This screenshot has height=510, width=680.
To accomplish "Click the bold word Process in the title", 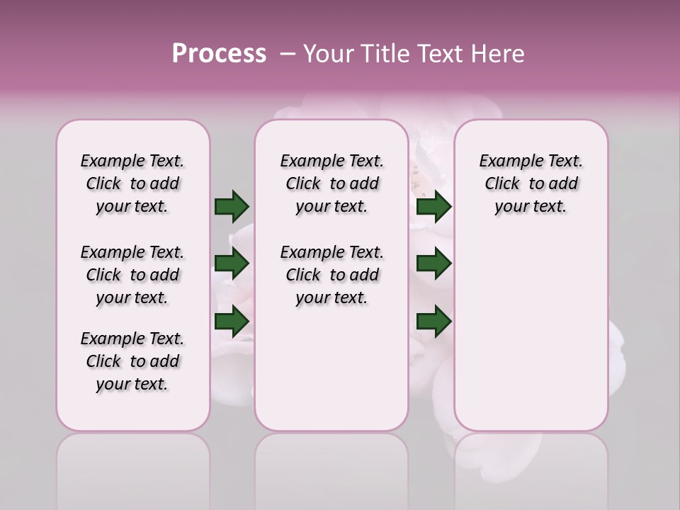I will coord(219,54).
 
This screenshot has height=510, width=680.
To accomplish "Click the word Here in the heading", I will coord(498,54).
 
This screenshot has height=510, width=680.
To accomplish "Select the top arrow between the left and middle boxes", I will coord(232,206).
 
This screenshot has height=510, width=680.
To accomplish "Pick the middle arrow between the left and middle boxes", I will coord(232,264).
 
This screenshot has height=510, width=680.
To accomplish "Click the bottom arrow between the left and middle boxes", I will coord(232,322).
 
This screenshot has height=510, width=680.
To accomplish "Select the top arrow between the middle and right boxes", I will coord(433,206).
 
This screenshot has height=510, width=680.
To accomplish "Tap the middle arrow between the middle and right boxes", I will coord(433,264).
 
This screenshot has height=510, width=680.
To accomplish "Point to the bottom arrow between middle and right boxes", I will coord(433,322).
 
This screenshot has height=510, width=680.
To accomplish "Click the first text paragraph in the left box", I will coord(132,183).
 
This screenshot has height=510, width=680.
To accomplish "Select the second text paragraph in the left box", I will coord(132,275).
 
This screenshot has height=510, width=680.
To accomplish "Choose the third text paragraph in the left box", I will coord(132,361).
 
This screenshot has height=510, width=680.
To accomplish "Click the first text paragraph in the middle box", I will coord(331,183).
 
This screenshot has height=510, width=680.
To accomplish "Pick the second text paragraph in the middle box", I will coord(331,275).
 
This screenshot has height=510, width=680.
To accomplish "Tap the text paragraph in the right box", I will coord(531,183).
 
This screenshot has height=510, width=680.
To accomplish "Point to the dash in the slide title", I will coord(288,54).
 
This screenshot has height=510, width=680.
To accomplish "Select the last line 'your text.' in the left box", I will coord(132,384).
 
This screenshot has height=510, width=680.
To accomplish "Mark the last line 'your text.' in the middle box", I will coord(331,297).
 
